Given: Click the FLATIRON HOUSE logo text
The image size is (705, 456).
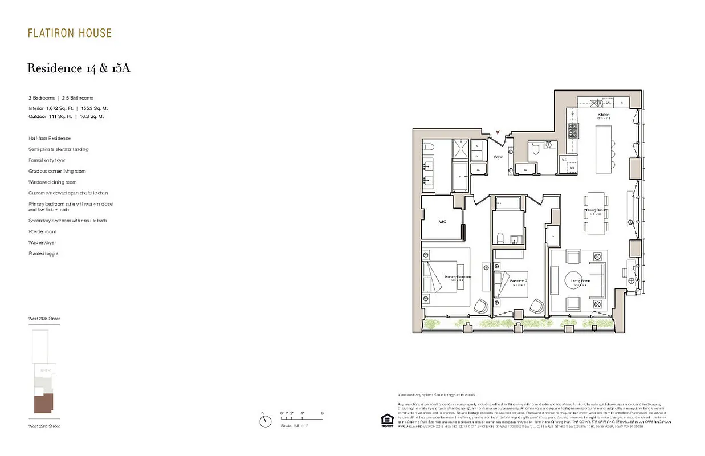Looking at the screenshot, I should tap(70, 33).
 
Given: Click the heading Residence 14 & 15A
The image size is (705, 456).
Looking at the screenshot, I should tap(79, 68).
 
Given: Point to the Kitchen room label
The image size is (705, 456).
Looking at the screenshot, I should tap(604, 115).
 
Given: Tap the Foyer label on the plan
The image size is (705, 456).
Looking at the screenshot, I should tap(498, 157).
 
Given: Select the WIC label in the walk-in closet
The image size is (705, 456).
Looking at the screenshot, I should tap(442, 221).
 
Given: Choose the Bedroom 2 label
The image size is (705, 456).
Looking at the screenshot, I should tap(518, 282).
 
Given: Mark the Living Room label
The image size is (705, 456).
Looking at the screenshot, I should tap(580, 281).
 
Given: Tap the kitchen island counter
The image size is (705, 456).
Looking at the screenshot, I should tap(604, 149).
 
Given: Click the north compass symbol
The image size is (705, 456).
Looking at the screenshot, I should tap(265, 421).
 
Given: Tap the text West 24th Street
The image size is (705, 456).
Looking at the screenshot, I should tap(44, 319).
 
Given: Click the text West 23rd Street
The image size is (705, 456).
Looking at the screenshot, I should tap(44, 426).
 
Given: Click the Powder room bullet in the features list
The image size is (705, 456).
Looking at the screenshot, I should tap(42, 231).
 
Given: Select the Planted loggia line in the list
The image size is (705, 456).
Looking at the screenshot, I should tap(43, 254).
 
